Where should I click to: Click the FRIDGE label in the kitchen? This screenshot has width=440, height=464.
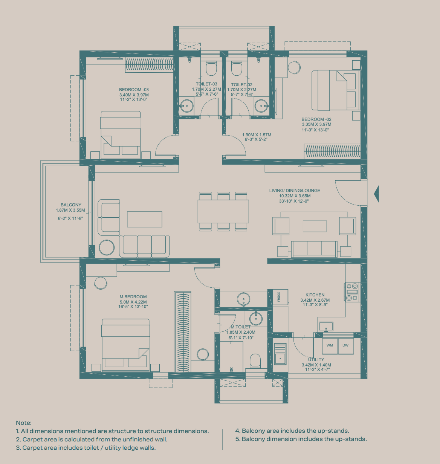(279, 297)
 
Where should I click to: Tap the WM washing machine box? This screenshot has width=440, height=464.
(330, 346)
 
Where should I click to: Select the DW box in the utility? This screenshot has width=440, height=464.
(346, 346)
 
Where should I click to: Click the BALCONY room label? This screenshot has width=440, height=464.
(71, 205)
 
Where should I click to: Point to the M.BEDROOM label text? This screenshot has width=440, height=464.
(133, 297)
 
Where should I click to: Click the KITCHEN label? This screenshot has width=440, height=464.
(315, 295)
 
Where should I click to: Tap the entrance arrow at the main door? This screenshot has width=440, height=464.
(376, 194)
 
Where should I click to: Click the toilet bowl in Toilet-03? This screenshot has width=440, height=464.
(211, 69)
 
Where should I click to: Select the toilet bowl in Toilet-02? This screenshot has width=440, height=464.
(237, 69)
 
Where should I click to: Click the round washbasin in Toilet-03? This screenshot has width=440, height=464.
(187, 106)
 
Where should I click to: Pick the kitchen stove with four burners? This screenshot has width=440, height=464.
(352, 292)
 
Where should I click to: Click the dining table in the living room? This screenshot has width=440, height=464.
(223, 211)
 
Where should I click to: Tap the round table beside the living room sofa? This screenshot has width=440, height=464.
(107, 247)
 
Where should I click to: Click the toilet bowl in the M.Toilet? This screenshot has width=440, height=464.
(255, 361)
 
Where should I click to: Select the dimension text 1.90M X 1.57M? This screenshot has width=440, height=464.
(257, 135)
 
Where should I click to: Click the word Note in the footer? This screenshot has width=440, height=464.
(24, 423)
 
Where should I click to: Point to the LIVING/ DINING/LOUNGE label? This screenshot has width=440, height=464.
(295, 191)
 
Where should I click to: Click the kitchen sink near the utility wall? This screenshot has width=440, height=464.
(326, 327)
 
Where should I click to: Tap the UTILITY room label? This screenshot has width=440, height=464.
(316, 360)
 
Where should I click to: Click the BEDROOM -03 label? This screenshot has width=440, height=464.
(134, 90)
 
